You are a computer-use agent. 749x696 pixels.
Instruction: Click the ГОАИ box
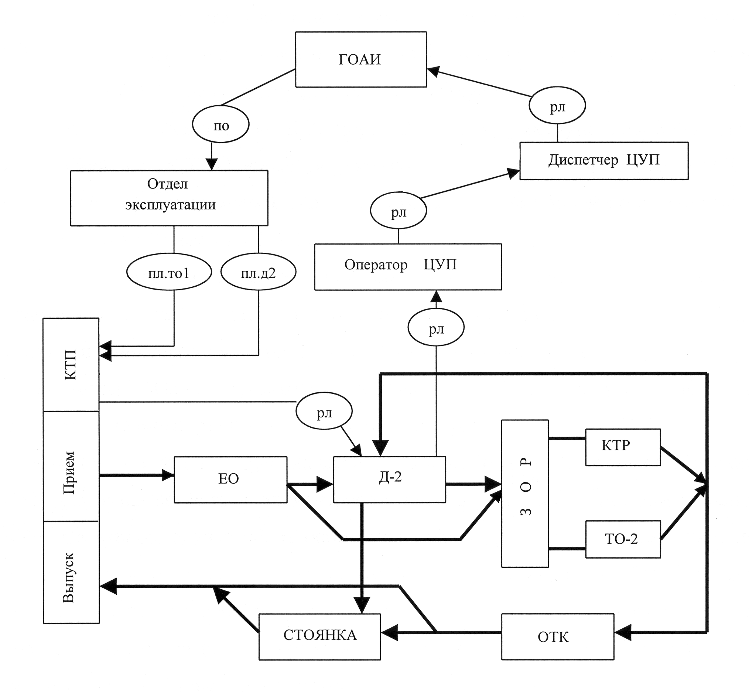tap(361, 59)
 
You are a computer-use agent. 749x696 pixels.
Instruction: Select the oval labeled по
tap(220, 124)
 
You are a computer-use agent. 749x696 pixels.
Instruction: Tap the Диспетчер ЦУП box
tap(604, 161)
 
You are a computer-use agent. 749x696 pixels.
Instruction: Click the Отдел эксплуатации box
tap(169, 198)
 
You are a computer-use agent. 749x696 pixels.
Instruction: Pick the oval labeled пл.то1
tap(169, 272)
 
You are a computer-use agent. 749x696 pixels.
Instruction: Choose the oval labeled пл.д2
tap(258, 272)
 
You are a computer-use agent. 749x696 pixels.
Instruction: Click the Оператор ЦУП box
tap(408, 267)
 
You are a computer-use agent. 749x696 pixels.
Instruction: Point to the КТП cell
tap(71, 365)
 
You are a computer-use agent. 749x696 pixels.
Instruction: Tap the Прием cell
tap(71, 466)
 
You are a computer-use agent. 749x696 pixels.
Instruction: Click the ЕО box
tap(230, 480)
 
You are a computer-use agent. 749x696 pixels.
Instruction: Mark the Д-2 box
tap(389, 480)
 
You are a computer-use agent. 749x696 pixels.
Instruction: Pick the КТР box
tap(623, 447)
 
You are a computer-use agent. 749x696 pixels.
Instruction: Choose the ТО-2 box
tap(623, 539)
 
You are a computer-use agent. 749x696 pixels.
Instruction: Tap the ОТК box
tap(558, 637)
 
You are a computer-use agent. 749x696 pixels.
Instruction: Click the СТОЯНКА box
tap(320, 637)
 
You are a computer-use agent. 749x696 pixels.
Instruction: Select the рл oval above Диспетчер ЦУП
tap(557, 106)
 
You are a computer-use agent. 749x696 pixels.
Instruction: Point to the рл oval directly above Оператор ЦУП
tap(399, 211)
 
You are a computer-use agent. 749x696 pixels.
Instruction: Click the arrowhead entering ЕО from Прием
tap(168, 475)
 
